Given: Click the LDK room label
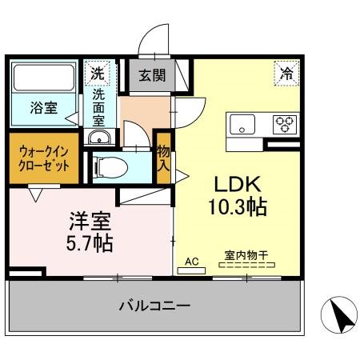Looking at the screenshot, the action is [x=238, y=184].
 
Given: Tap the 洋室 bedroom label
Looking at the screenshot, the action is [x=90, y=221].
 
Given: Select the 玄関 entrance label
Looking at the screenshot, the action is [x=152, y=75].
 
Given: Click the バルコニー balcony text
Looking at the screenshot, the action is [x=154, y=306].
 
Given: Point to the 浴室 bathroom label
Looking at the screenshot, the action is [x=44, y=108].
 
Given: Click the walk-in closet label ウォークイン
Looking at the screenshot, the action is [x=44, y=152].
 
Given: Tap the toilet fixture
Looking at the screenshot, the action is [x=110, y=167].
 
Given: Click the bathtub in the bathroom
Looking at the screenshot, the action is [x=44, y=78].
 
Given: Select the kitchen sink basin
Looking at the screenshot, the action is [x=242, y=125].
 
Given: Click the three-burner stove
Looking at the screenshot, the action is [x=285, y=124].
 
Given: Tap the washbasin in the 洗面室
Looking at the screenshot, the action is [x=99, y=138].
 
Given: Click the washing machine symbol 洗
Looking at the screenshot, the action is [x=97, y=74].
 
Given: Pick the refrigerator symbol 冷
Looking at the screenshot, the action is [x=286, y=74].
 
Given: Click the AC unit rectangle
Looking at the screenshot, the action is [x=191, y=271].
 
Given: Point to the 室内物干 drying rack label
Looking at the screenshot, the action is [x=246, y=255].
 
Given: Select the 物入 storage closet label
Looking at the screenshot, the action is [x=163, y=159].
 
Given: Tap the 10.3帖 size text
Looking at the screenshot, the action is [x=238, y=207].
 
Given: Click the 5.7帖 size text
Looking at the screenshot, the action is [x=90, y=243].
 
